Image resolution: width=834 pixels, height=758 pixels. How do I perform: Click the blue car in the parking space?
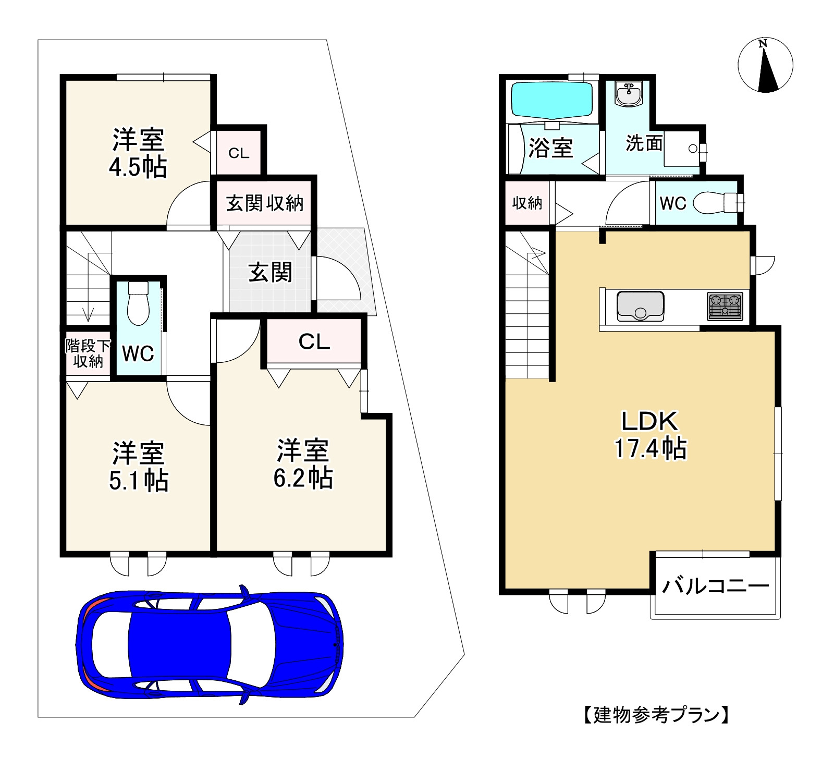coord(210,645)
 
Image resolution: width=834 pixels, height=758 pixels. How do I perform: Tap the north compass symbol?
coord(765,65)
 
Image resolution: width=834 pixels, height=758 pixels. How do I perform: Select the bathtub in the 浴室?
coord(552,100)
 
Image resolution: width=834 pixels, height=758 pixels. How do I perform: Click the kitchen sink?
coord(640,306)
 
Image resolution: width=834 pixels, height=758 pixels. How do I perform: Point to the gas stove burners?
coord(725,306)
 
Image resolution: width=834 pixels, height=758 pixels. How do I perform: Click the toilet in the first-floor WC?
coord(138,303)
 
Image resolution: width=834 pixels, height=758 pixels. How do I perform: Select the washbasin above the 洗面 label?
coord(629,94)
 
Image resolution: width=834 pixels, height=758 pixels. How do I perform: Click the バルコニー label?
coord(715,586)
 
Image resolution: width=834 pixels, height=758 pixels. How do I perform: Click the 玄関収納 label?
coord(265,203)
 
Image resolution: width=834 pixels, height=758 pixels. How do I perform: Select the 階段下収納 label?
coord(88,353)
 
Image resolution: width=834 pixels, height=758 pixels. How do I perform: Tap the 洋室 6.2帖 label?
coord(303,464)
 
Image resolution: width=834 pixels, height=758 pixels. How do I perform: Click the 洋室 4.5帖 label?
coord(138,153)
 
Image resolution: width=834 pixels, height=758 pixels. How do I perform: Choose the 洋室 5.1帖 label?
coord(139,467)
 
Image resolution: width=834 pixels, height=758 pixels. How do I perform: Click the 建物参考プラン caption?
coord(655,715)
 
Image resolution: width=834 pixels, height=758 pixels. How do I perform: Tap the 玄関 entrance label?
coord(270,272)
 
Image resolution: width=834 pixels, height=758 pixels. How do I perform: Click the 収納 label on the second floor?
coord(527,203)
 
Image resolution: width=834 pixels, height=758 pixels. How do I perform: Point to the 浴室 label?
coord(550,148)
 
